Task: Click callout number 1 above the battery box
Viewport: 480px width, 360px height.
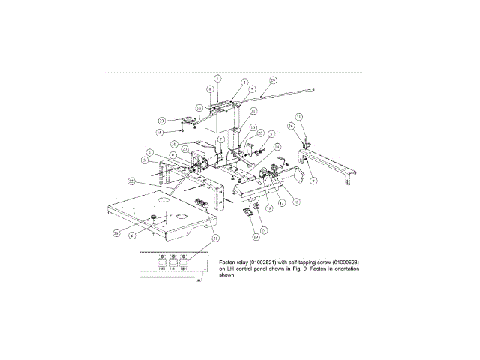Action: (217, 78)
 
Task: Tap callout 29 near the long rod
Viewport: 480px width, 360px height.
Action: (273, 79)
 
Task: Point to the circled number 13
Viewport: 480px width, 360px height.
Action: (199, 108)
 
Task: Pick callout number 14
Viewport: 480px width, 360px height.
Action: (277, 147)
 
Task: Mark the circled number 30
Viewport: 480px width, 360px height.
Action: (173, 144)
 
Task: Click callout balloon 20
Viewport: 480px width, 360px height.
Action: (184, 148)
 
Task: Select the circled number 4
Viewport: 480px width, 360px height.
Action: (150, 152)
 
